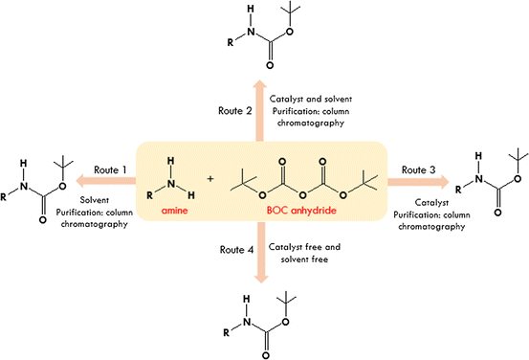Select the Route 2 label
click(235, 112)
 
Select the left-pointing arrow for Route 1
click(107, 179)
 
